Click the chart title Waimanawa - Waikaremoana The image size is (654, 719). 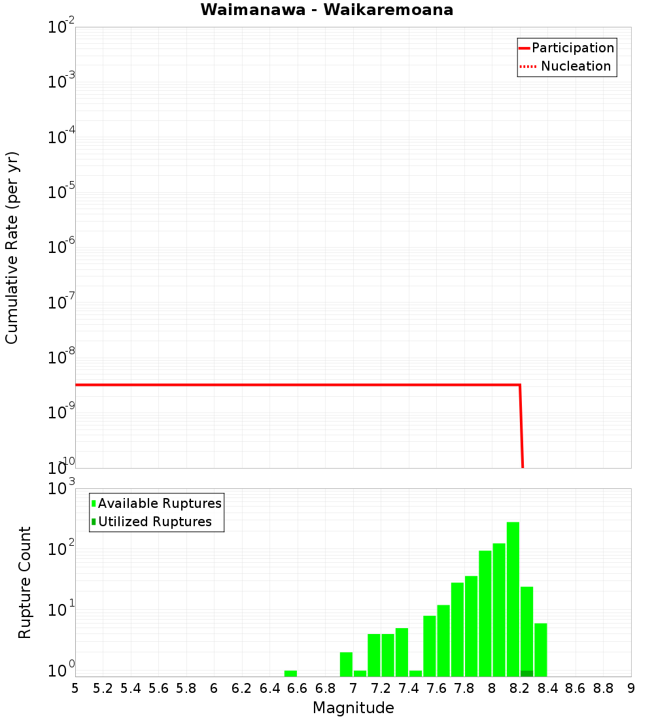pyautogui.click(x=326, y=10)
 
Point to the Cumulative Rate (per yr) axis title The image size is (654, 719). pyautogui.click(x=12, y=247)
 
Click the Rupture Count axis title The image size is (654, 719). pyautogui.click(x=25, y=582)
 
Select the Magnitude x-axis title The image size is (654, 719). pyautogui.click(x=353, y=708)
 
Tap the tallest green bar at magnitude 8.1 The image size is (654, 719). pyautogui.click(x=513, y=598)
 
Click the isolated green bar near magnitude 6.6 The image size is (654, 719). pyautogui.click(x=290, y=673)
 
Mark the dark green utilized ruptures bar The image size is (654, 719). pyautogui.click(x=526, y=673)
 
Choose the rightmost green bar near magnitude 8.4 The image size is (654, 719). pyautogui.click(x=540, y=649)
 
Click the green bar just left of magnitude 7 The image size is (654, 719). pyautogui.click(x=346, y=663)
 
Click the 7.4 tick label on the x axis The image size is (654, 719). pyautogui.click(x=409, y=688)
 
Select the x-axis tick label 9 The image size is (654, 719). pyautogui.click(x=631, y=688)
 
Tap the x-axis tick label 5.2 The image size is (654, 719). pyautogui.click(x=103, y=688)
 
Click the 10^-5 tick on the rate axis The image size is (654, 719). pyautogui.click(x=61, y=192)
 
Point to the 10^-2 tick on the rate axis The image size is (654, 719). pyautogui.click(x=61, y=27)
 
